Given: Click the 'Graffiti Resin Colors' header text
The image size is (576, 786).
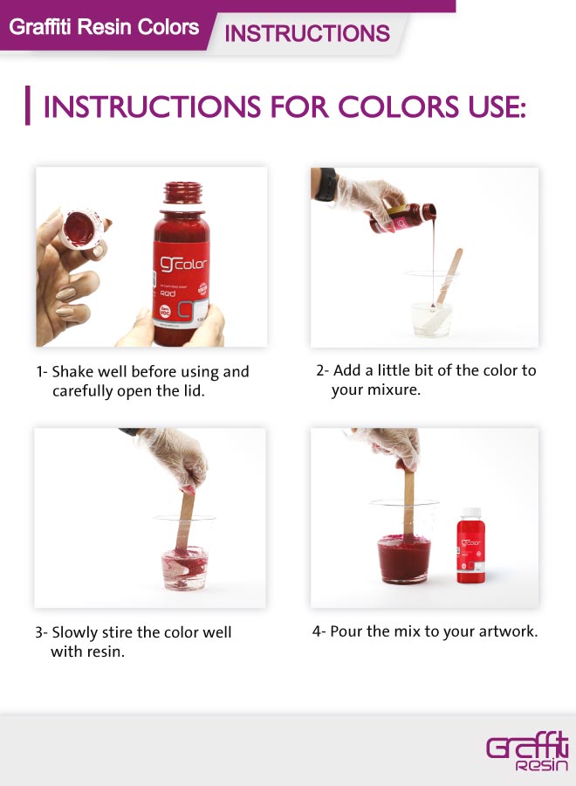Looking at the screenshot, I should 104,27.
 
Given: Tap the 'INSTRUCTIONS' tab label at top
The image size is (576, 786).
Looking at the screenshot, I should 307,34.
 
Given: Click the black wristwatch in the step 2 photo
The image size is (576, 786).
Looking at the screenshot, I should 325,185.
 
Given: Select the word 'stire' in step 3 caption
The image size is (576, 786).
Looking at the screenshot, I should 115,631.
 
